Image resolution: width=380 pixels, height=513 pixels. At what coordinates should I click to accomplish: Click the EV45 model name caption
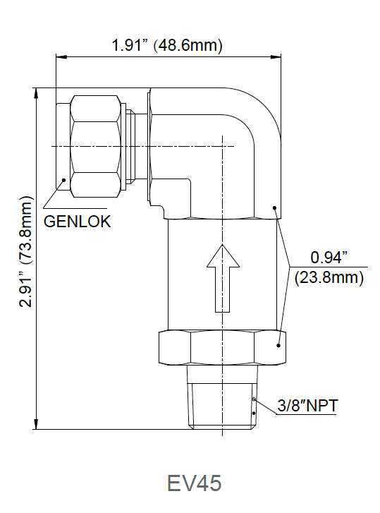pyautogui.click(x=194, y=483)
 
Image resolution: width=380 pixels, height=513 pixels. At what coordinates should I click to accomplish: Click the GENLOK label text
pyautogui.click(x=78, y=220)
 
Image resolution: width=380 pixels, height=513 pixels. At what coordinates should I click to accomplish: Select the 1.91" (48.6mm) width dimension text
pyautogui.click(x=167, y=46)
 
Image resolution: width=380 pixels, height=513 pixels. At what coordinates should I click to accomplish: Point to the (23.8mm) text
pyautogui.click(x=329, y=277)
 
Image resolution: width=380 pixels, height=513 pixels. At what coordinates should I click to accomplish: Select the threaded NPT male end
pyautogui.click(x=222, y=399)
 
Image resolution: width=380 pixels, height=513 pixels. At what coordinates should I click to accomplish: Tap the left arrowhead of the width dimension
pyautogui.click(x=59, y=56)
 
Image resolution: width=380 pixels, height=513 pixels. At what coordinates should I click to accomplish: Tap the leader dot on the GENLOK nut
pyautogui.click(x=64, y=179)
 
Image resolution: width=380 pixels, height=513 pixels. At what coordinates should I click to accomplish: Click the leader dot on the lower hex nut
pyautogui.click(x=278, y=346)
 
